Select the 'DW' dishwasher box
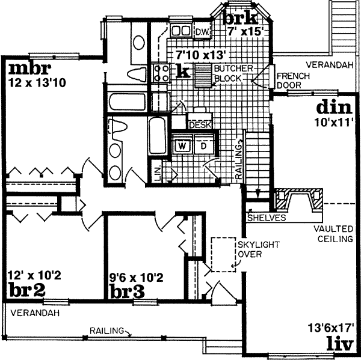point(202,31)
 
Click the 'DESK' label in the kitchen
point(199,125)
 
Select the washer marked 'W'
point(182,145)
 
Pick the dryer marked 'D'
point(203,145)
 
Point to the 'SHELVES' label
point(265,218)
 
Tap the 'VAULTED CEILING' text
point(332,234)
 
